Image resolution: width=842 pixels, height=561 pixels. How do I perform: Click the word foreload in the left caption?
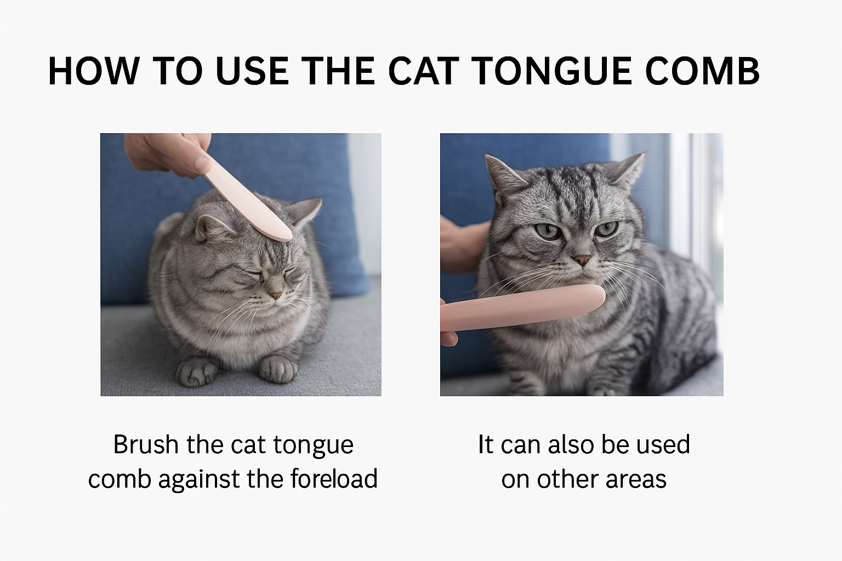334,478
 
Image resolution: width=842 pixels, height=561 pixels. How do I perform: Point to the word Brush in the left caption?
146,444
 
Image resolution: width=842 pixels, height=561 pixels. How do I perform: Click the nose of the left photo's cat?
277,295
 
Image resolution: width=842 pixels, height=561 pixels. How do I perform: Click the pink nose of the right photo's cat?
582,259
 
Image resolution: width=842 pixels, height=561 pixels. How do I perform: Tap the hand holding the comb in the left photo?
164,153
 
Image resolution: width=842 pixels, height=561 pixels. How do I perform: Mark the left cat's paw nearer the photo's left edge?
196,373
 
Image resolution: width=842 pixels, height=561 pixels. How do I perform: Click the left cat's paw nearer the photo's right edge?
278,368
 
